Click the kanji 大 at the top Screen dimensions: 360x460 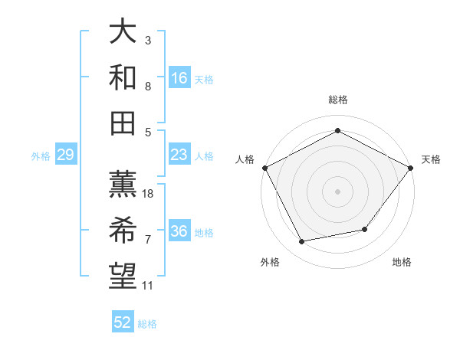123,32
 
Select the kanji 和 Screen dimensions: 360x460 123,77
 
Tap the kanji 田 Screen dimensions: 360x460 123,123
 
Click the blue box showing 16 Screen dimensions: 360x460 179,77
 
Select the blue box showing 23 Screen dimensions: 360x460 179,155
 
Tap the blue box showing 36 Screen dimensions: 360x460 179,232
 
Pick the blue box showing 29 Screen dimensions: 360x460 66,155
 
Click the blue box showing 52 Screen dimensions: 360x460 123,322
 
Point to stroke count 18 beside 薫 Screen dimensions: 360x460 149,194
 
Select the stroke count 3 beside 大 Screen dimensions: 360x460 148,39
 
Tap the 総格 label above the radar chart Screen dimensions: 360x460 337,100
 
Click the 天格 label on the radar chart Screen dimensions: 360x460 431,159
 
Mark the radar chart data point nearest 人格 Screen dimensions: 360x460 264,168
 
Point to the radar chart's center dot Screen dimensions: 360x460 337,191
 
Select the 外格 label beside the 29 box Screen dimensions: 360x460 41,156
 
